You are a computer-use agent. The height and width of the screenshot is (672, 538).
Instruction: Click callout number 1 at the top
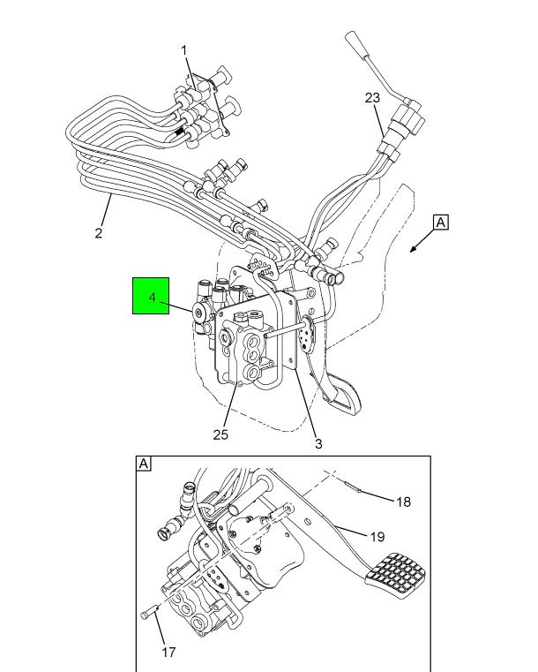click(x=184, y=50)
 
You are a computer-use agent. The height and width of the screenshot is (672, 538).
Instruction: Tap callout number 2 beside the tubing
click(x=99, y=233)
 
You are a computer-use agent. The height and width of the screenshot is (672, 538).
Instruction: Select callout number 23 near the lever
click(x=372, y=98)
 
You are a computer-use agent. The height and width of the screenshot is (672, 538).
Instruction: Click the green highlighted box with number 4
click(x=151, y=296)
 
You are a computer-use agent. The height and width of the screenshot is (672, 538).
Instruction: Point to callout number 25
click(x=220, y=434)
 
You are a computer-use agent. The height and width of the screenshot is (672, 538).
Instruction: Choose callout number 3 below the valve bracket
click(x=318, y=444)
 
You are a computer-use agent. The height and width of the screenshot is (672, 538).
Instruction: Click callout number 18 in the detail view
click(x=403, y=502)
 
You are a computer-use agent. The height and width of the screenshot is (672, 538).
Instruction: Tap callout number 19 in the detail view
click(x=377, y=537)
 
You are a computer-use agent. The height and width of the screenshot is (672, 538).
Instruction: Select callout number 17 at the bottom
click(x=168, y=653)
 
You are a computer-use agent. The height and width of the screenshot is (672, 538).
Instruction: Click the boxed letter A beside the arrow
click(x=441, y=223)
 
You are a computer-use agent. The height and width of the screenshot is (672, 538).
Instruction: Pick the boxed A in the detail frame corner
click(x=144, y=464)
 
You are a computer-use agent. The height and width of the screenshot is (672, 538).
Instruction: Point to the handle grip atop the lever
click(x=355, y=43)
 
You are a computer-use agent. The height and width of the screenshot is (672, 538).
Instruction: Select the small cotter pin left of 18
click(x=353, y=487)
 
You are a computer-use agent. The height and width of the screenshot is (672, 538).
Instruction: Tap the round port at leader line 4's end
click(x=199, y=313)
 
